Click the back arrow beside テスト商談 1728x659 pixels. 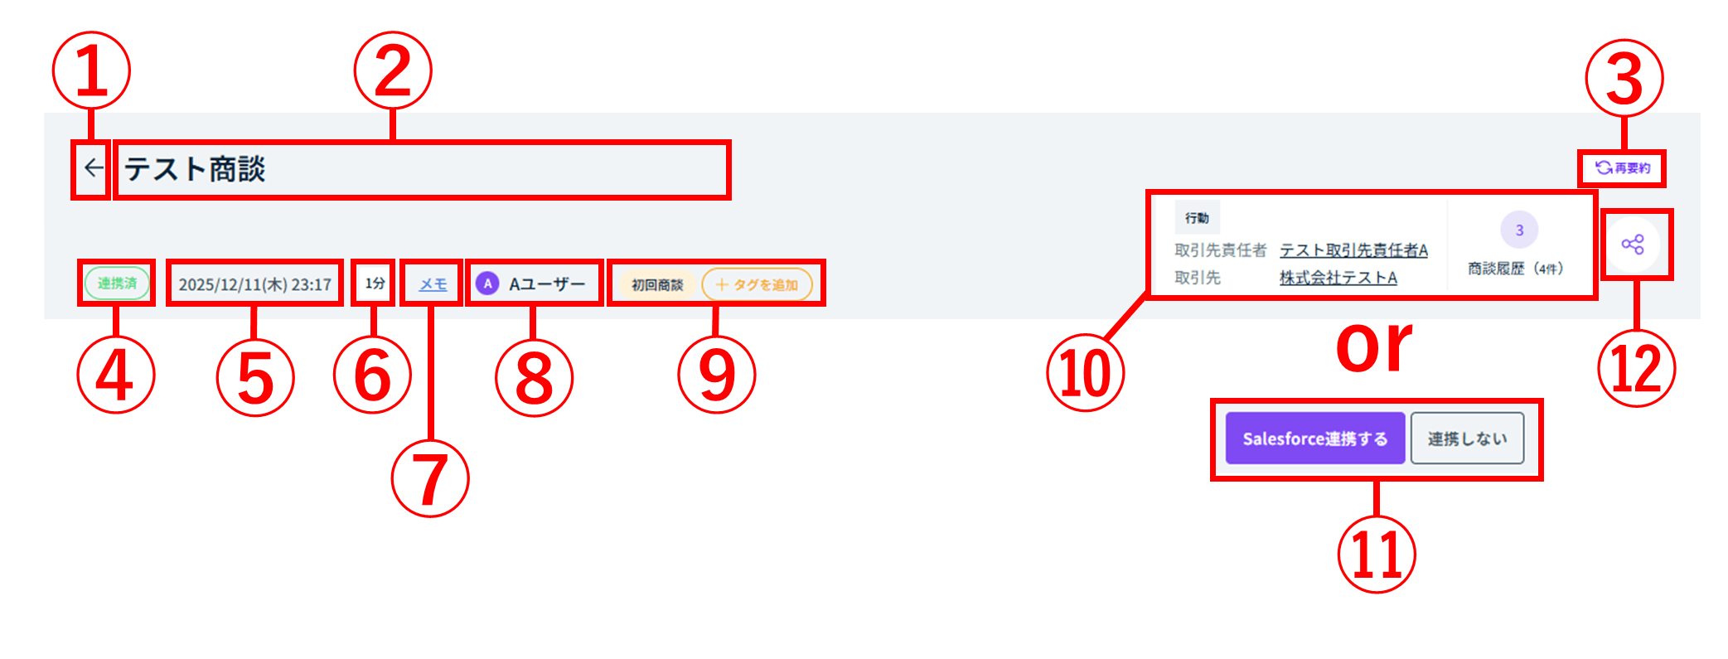(93, 168)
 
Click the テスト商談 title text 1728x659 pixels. (195, 169)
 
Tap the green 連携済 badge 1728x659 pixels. (117, 283)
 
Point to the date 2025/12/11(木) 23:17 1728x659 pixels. (254, 284)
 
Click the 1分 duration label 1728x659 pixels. (375, 283)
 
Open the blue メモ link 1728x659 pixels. (433, 284)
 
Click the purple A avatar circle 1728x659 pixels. (487, 283)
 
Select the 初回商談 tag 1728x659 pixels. (657, 285)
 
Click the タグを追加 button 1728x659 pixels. (757, 285)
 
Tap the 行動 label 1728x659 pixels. (1197, 218)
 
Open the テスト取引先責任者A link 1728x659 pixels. (1353, 250)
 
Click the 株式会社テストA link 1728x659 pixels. (1338, 278)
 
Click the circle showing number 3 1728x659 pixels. (1519, 230)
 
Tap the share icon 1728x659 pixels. (1633, 245)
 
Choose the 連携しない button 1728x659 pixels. (1467, 439)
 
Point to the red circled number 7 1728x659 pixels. (429, 479)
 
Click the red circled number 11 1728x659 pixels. (1376, 554)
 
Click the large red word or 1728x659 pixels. (1373, 346)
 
